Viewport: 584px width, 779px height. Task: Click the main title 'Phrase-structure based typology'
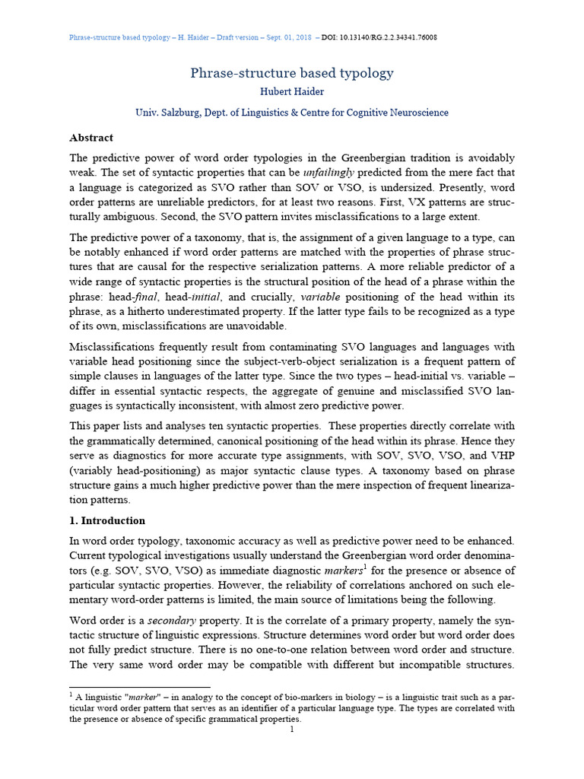(291, 73)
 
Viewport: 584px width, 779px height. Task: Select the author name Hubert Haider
(291, 93)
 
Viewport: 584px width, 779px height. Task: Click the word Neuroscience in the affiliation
(414, 113)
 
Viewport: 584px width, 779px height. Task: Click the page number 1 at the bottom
(292, 730)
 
